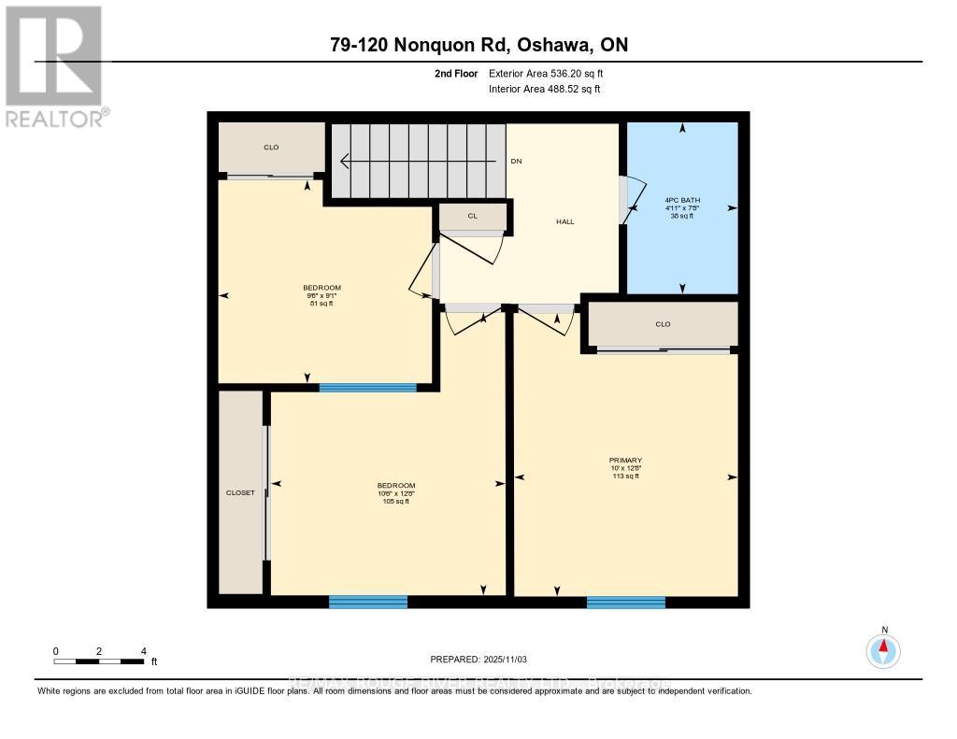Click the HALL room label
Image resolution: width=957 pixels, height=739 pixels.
pyautogui.click(x=564, y=221)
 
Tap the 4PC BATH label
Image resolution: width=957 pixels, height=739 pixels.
pyautogui.click(x=682, y=200)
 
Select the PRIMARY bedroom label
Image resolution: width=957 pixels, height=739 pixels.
pyautogui.click(x=625, y=460)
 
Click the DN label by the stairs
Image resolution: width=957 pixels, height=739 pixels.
pyautogui.click(x=516, y=162)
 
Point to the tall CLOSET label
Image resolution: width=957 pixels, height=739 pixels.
pyautogui.click(x=240, y=492)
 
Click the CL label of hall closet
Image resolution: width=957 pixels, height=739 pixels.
pyautogui.click(x=473, y=216)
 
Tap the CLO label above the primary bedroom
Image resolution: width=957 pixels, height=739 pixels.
pyautogui.click(x=663, y=324)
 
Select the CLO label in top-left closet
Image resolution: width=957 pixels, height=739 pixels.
pyautogui.click(x=271, y=148)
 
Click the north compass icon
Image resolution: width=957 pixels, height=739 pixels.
pyautogui.click(x=883, y=648)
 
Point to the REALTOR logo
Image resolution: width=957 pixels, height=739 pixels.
pyautogui.click(x=54, y=65)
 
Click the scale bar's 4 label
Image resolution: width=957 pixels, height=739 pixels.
pyautogui.click(x=143, y=651)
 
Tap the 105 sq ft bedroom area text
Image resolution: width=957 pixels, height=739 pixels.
pyautogui.click(x=395, y=502)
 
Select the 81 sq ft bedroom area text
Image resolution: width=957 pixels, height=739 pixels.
pyautogui.click(x=321, y=304)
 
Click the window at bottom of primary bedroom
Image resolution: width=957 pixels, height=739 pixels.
pyautogui.click(x=625, y=602)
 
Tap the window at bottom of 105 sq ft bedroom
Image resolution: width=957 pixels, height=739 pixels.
pyautogui.click(x=368, y=602)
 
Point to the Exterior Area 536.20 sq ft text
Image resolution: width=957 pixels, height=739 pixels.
pyautogui.click(x=551, y=73)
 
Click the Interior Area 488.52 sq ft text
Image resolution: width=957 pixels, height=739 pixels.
pyautogui.click(x=545, y=90)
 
